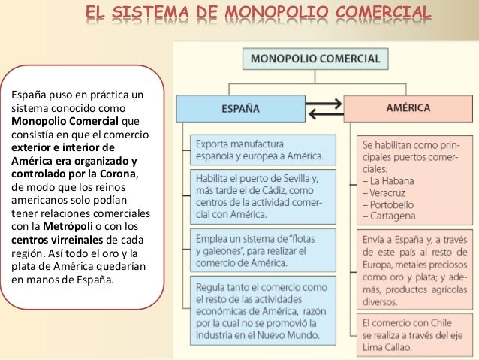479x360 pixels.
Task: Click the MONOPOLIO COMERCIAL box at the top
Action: [315, 57]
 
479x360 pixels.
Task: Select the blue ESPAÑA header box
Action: [239, 108]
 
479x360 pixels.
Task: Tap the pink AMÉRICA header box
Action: [408, 108]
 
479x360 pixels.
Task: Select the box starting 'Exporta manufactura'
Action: [259, 149]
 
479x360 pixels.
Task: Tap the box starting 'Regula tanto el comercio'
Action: [259, 309]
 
